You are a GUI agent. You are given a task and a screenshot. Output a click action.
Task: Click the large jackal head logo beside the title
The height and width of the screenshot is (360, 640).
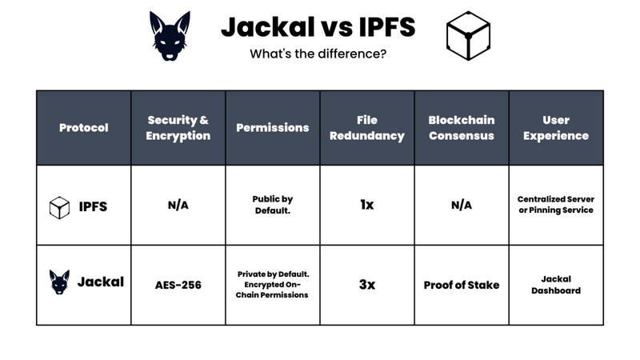click(170, 36)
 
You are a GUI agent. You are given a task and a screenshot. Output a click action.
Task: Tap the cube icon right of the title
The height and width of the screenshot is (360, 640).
click(468, 36)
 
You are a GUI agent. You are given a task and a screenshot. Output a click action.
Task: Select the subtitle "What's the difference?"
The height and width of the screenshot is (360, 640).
click(318, 54)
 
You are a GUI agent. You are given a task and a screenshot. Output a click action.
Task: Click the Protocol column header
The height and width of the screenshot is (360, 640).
click(83, 128)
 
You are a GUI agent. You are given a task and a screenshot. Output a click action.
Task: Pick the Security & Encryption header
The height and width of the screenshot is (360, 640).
click(178, 128)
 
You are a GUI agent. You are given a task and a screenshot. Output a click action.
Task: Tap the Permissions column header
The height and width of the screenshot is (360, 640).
click(272, 128)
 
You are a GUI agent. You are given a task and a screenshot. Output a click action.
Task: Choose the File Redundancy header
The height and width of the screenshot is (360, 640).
click(367, 128)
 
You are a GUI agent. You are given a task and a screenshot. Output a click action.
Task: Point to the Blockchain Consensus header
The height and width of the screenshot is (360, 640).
click(462, 128)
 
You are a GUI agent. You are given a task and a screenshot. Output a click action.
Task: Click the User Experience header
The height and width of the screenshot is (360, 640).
click(556, 128)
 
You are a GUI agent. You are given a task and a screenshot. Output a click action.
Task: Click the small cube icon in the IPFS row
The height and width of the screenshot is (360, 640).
click(60, 206)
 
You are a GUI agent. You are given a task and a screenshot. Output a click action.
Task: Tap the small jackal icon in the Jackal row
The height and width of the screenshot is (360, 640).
click(60, 282)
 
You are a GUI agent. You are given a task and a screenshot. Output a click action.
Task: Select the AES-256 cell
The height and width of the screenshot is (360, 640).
click(178, 285)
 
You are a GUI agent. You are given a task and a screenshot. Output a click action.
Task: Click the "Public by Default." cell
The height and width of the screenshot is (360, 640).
click(272, 205)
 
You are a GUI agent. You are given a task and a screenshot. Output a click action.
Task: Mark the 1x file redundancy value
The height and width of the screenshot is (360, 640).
click(367, 205)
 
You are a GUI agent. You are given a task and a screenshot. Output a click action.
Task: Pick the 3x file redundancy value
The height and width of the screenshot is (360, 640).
click(367, 285)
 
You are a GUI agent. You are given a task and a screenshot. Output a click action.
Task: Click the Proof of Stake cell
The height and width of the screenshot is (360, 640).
click(462, 285)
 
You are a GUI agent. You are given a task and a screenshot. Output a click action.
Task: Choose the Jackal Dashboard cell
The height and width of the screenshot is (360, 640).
click(556, 285)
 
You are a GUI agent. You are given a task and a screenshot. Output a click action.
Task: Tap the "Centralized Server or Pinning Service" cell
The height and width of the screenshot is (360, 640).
click(556, 205)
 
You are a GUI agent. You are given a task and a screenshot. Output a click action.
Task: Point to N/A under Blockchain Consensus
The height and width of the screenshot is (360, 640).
click(462, 205)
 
